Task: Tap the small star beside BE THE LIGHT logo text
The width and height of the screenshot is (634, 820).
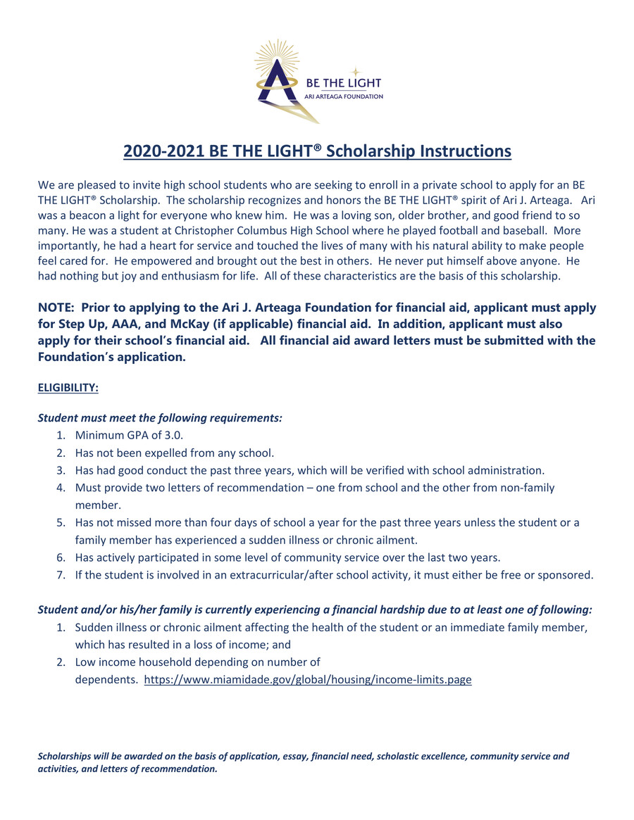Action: (x=356, y=71)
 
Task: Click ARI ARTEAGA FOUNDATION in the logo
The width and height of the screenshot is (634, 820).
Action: (x=344, y=96)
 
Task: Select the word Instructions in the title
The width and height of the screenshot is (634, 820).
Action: (x=462, y=151)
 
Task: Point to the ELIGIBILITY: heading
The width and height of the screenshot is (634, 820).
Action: (x=68, y=388)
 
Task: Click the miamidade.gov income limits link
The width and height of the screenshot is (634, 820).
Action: (x=308, y=680)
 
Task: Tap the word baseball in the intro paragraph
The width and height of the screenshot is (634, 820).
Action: (x=519, y=231)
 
